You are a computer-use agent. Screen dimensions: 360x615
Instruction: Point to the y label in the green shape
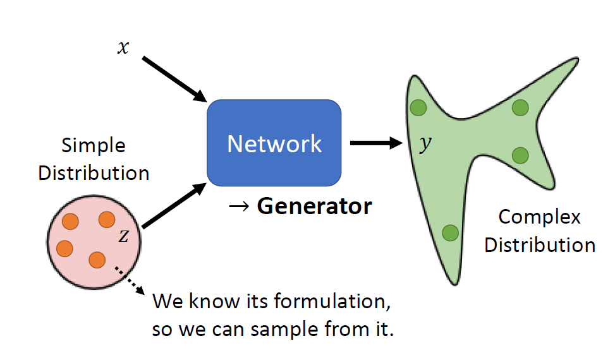426,145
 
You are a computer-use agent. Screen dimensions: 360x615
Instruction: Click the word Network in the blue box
274,144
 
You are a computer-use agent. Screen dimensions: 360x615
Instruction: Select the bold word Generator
314,206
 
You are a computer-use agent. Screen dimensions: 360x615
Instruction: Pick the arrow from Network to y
377,143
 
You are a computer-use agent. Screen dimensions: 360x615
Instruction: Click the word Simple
94,146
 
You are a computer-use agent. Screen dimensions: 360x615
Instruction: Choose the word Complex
539,217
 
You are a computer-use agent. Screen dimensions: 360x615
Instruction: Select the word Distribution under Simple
94,173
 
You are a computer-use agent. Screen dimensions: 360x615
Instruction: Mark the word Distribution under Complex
539,245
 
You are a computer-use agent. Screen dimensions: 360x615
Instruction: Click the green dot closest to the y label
418,108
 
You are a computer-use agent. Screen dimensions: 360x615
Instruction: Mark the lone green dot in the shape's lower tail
449,233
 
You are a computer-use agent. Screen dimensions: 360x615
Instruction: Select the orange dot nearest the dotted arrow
97,259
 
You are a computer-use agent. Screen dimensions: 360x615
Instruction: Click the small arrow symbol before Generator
241,207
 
